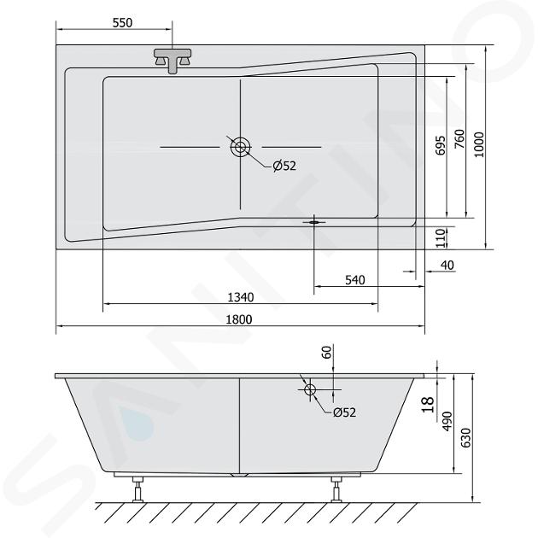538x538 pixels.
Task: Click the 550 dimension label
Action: pyautogui.click(x=122, y=23)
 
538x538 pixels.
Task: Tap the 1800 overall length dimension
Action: pyautogui.click(x=239, y=319)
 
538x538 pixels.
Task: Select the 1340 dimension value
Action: pyautogui.click(x=241, y=297)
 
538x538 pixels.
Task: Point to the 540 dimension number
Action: pyautogui.click(x=354, y=280)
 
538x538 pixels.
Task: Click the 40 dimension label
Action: pyautogui.click(x=447, y=265)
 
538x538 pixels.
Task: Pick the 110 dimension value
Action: pyautogui.click(x=440, y=237)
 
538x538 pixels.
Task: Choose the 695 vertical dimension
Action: pyautogui.click(x=440, y=145)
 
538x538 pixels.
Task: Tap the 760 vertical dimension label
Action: pyautogui.click(x=459, y=138)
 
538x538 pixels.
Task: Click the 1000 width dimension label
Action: pyautogui.click(x=478, y=144)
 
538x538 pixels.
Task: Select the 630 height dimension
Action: pyautogui.click(x=465, y=437)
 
